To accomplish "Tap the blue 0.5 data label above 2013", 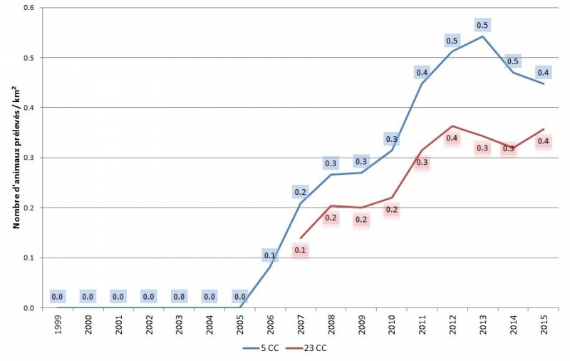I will pyautogui.click(x=482, y=26).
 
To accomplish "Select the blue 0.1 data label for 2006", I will pyautogui.click(x=270, y=255).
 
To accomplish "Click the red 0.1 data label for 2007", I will pyautogui.click(x=301, y=250).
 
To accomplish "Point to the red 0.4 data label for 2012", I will pyautogui.click(x=452, y=138).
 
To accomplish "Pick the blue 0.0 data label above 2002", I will pyautogui.click(x=148, y=297).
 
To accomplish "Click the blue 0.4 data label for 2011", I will pyautogui.click(x=422, y=72).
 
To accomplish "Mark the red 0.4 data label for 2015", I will pyautogui.click(x=544, y=142).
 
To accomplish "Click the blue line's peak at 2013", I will pyautogui.click(x=483, y=36).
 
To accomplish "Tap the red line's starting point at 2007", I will pyautogui.click(x=301, y=238).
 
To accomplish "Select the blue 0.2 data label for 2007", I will pyautogui.click(x=301, y=191).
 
